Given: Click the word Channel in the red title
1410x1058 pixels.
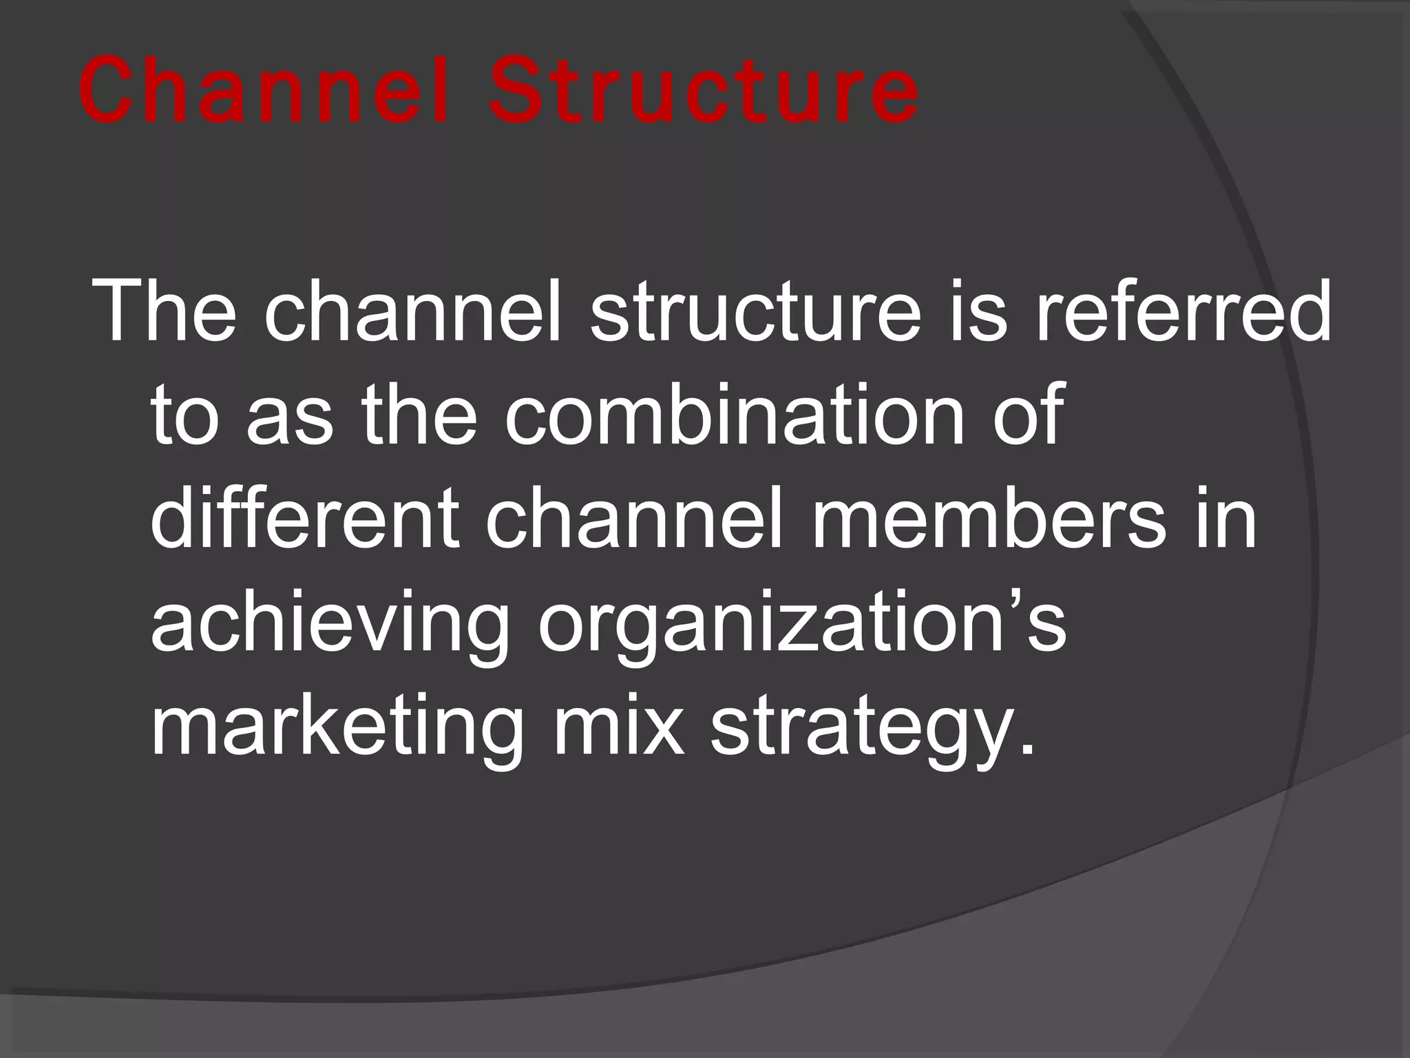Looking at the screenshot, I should [264, 92].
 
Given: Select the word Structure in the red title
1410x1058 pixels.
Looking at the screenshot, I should [703, 92].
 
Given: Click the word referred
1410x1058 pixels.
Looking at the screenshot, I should [1183, 312].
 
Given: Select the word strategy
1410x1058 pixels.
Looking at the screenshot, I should [863, 729].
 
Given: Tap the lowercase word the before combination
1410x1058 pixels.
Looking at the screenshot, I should [419, 415].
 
